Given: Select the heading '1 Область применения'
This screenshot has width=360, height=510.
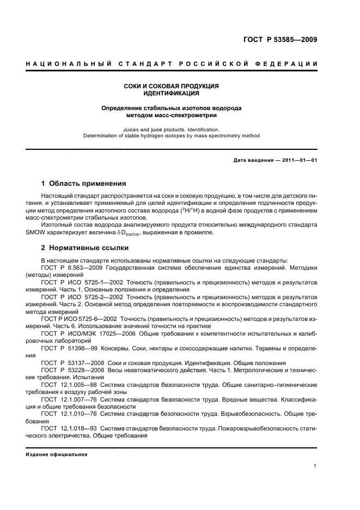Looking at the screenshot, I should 84,184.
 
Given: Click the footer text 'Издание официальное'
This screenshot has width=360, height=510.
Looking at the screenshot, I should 57,454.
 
